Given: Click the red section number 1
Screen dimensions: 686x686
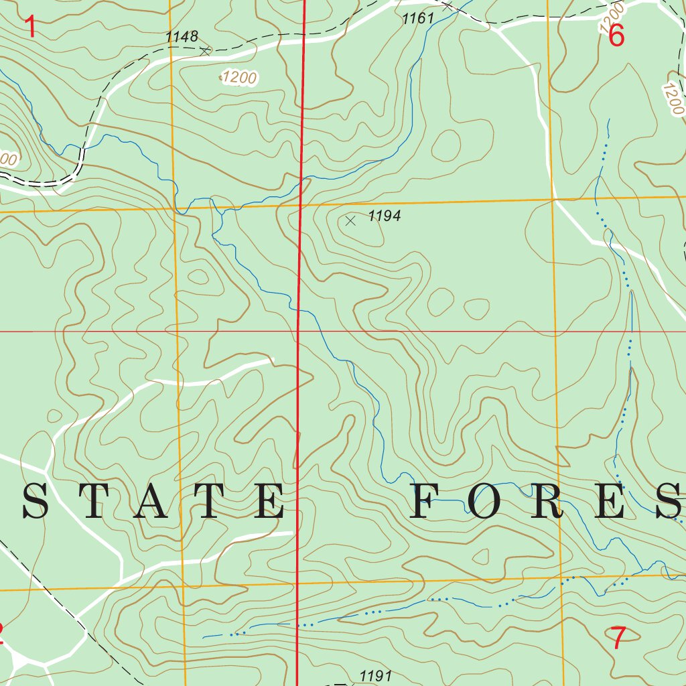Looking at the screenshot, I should (x=29, y=27).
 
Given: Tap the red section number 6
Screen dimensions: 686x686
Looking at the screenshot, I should (x=616, y=36).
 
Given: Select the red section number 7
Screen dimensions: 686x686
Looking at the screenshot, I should (x=618, y=638).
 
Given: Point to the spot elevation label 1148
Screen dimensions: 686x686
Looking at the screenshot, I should (x=182, y=37).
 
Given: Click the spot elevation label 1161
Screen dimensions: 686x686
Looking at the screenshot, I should (x=419, y=19).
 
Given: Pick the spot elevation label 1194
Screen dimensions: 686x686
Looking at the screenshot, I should (x=385, y=216).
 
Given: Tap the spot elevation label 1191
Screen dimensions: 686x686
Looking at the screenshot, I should (x=375, y=675).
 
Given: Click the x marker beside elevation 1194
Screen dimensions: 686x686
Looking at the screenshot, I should (x=350, y=220).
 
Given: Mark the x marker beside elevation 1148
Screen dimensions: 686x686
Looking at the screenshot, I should (x=206, y=50).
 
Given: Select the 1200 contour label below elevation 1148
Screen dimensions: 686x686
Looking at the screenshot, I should (x=239, y=78).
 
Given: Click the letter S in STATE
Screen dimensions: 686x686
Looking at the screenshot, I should (x=35, y=502).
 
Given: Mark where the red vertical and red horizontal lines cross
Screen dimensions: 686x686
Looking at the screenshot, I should (x=298, y=331).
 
